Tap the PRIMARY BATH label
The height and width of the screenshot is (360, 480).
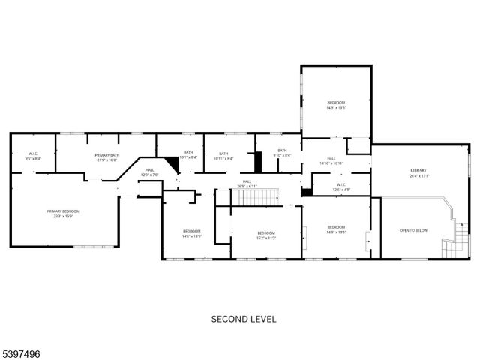point(107,157)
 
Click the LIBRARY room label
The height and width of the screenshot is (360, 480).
point(418,172)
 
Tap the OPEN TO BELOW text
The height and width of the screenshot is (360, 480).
point(413,230)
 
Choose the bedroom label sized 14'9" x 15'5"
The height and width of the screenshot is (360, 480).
point(335,104)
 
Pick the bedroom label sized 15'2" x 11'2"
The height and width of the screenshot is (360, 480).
point(266,235)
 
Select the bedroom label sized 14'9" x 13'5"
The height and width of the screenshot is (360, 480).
point(335,229)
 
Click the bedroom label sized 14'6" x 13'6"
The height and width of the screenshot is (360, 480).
point(191,233)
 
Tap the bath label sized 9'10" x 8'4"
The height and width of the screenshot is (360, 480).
point(282,153)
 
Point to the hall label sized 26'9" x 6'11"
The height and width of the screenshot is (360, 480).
point(247,183)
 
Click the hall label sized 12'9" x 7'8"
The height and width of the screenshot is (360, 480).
point(150,172)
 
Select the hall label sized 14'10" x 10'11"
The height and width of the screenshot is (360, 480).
point(331,161)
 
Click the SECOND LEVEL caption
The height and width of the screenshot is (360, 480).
point(243,319)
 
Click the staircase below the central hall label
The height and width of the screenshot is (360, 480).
point(254,197)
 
